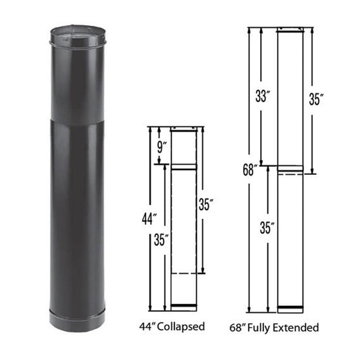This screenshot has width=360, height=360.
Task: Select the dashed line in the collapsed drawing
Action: click(x=183, y=273)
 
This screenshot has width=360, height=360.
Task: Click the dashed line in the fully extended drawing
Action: click(x=291, y=174)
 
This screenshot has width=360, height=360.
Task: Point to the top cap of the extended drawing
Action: click(x=291, y=30)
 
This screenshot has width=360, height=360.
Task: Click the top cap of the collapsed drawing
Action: click(x=183, y=128)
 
